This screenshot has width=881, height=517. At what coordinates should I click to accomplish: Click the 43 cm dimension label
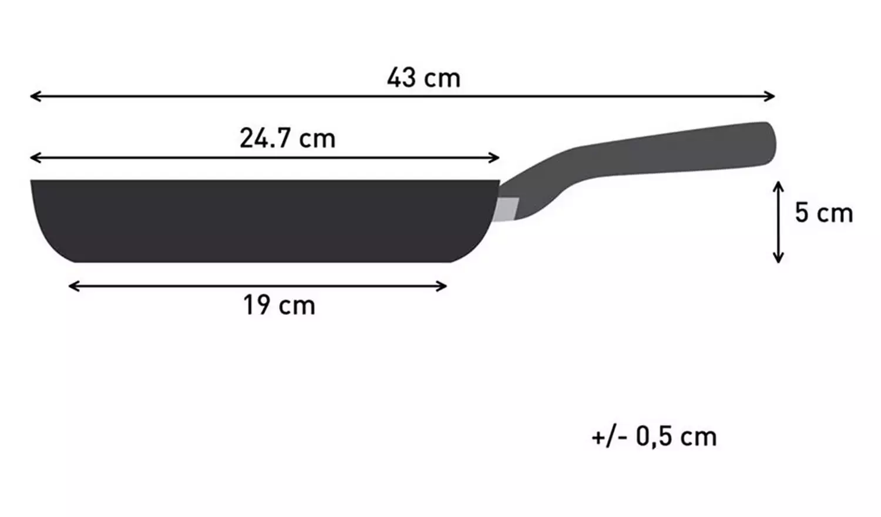coord(423,78)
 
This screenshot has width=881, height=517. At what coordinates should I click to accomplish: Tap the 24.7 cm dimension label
coord(287,139)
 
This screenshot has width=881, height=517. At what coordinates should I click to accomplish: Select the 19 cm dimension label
coord(279,305)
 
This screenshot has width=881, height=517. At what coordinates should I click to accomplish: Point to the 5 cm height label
coord(823,213)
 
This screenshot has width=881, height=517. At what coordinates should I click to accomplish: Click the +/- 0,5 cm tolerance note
coord(654,437)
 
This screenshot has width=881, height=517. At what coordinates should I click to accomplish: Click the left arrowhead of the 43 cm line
coord(34,96)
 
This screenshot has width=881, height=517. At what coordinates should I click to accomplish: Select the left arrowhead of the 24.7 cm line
coord(34,157)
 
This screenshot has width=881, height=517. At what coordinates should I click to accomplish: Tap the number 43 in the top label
coord(401,78)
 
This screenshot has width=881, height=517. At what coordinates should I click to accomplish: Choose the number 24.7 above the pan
coord(265,139)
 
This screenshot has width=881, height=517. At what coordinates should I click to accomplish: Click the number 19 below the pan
coord(256,305)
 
